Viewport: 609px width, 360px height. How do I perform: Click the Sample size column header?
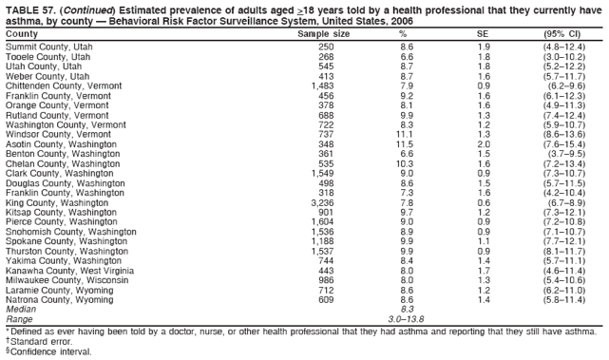click(x=323, y=34)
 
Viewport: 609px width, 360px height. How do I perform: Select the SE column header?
click(x=483, y=34)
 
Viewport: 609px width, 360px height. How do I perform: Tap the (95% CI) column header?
click(x=561, y=34)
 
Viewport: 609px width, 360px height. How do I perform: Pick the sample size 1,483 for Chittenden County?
click(x=322, y=85)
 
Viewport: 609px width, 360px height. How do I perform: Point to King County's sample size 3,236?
click(x=322, y=202)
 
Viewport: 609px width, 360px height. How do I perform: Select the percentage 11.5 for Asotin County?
click(x=406, y=143)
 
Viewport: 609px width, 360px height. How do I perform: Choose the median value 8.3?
click(x=407, y=310)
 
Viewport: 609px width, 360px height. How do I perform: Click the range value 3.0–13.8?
click(x=407, y=319)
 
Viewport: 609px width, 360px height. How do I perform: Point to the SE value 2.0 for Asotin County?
click(x=483, y=143)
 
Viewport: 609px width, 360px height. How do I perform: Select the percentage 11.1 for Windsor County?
click(x=406, y=134)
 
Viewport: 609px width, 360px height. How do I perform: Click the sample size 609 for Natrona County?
click(x=326, y=300)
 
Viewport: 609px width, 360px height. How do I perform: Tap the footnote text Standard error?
click(x=39, y=340)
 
